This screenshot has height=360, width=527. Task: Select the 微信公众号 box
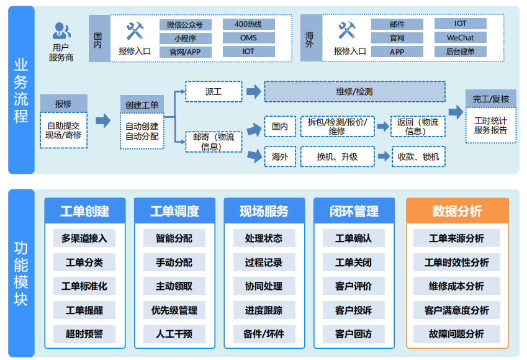coord(185,25)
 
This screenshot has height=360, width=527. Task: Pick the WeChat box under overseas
coord(460,38)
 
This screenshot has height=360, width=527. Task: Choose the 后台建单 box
coord(460,52)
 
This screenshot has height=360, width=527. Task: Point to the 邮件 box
coord(397,25)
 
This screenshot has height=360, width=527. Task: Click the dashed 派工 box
coord(213,92)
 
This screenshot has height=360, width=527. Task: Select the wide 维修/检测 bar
coord(354,92)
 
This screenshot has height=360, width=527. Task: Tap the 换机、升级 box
coord(337,157)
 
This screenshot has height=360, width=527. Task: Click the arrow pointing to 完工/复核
coord(456,112)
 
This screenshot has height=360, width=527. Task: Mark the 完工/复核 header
coord(490,99)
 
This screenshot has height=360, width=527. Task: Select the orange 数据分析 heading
coord(457,211)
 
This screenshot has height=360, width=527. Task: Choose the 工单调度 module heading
coord(174,211)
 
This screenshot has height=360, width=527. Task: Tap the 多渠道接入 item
coord(84,238)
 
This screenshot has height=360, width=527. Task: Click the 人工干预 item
coord(174,334)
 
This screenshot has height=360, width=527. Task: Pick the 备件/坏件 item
coord(264,334)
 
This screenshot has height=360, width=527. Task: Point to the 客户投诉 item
coord(353,310)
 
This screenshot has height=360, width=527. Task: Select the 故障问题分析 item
coord(457,334)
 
